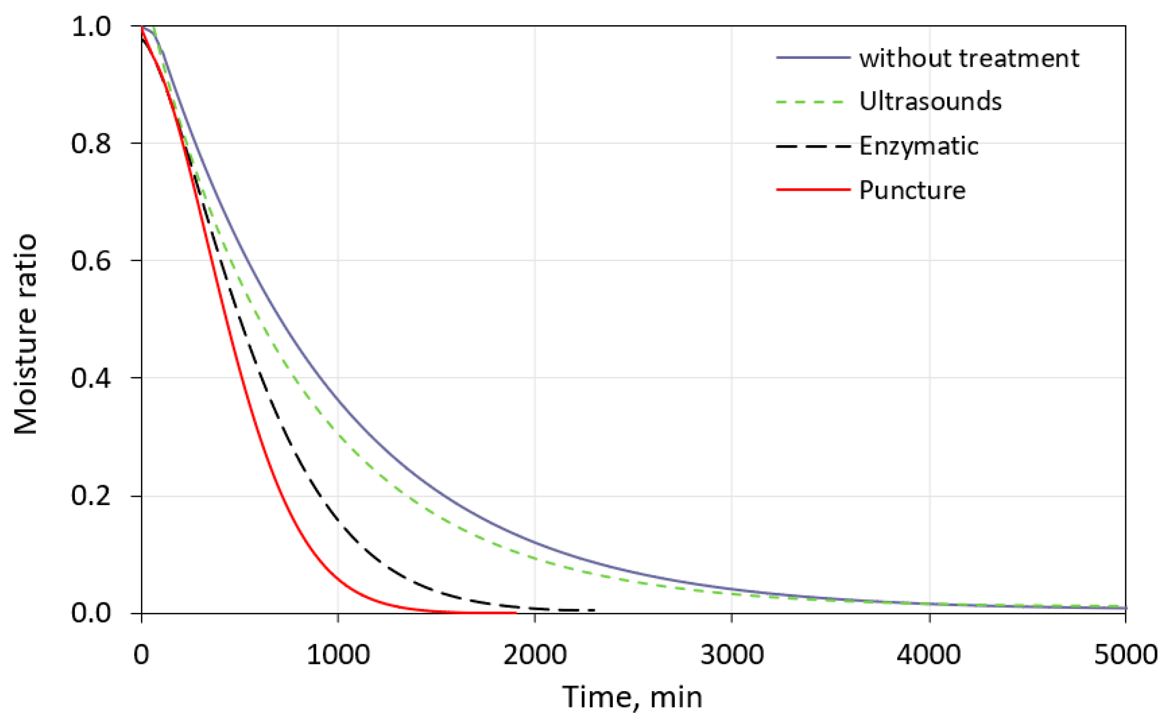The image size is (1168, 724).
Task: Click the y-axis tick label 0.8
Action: point(91,144)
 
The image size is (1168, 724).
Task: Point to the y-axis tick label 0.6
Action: point(91,260)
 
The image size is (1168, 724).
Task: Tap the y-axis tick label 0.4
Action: point(91,378)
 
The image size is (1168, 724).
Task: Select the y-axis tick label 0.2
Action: point(91,496)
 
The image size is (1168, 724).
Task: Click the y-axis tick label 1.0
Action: point(91,26)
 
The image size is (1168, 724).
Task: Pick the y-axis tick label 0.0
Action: point(91,613)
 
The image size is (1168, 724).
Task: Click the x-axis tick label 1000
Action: point(338,655)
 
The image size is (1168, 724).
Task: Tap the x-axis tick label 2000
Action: point(535,655)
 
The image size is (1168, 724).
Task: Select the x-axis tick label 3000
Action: point(732,655)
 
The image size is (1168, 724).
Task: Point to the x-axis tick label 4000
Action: point(929,655)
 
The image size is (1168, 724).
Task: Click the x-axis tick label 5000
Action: point(1125,655)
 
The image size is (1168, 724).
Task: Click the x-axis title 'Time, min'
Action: point(632,697)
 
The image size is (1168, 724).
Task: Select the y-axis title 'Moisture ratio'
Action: point(26,334)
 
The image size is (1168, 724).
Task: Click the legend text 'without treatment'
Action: point(969,58)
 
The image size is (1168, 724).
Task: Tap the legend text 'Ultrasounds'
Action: point(930,102)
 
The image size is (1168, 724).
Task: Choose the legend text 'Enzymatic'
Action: point(919,146)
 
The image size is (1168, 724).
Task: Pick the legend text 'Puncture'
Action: point(912,190)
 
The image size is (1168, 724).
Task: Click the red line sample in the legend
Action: point(813,190)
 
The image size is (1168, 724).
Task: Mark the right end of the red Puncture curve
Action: point(515,612)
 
